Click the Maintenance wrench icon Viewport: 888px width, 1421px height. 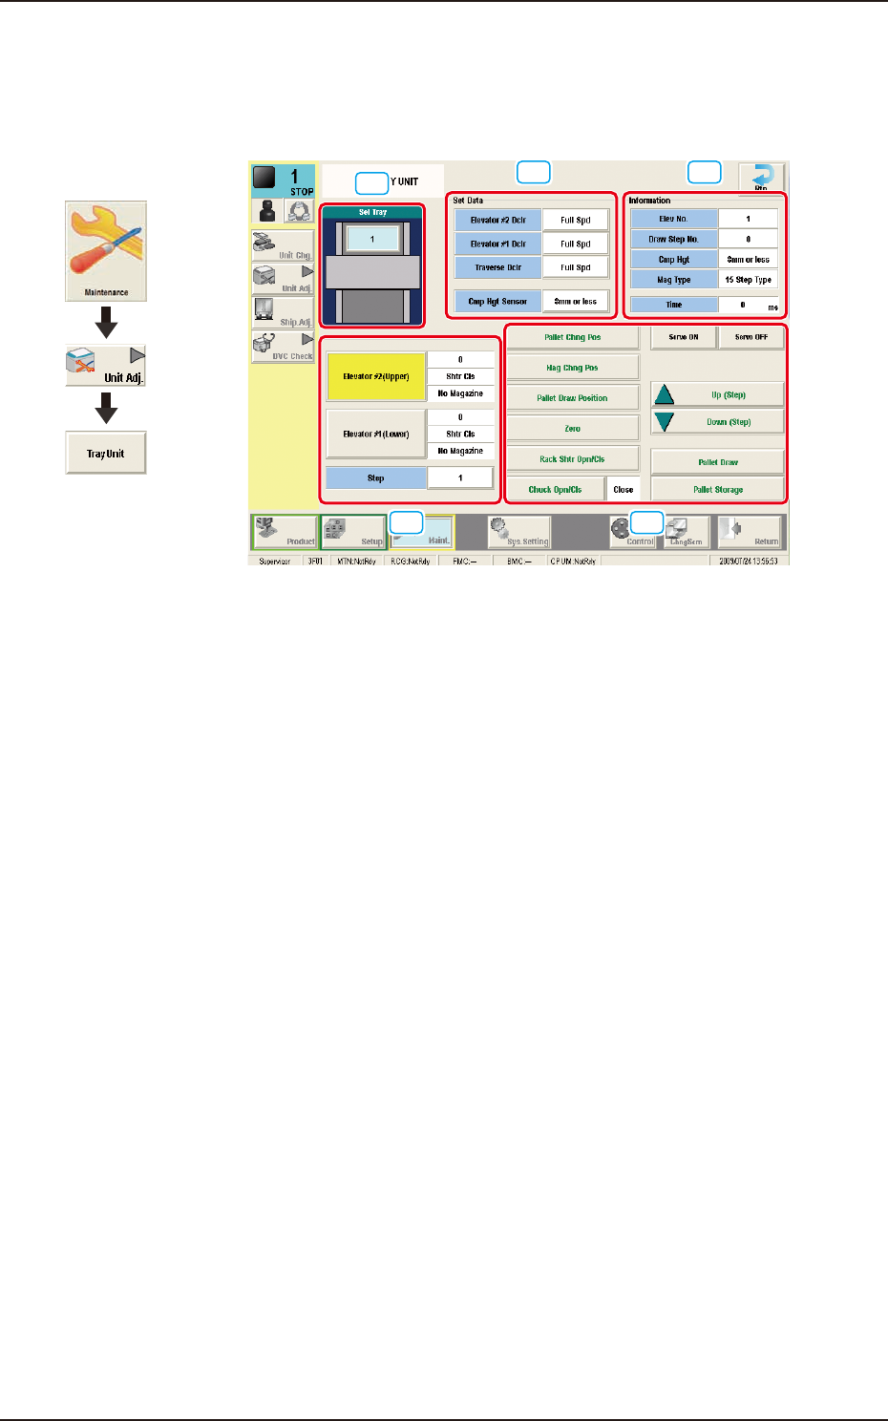(106, 250)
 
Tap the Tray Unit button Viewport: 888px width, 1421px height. (106, 454)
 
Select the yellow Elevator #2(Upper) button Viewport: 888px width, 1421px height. (376, 376)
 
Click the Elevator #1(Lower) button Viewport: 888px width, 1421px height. (376, 434)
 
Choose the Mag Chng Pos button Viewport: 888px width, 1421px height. (572, 368)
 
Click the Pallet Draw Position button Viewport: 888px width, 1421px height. (572, 398)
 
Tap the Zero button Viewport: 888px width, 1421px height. (572, 429)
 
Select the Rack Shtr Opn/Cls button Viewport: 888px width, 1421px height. (572, 459)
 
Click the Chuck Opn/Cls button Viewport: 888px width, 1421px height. (555, 490)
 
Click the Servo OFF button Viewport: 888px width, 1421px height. (751, 337)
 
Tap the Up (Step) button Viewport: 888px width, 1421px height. (717, 394)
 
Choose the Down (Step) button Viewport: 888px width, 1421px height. (717, 422)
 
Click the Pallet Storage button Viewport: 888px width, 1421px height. (717, 490)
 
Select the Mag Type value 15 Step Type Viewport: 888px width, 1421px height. (748, 280)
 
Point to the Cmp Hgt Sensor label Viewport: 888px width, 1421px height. (497, 302)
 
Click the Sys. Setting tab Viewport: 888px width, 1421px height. (518, 532)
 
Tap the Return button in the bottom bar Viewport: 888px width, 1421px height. (751, 532)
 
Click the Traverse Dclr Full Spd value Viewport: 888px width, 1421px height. (575, 268)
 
